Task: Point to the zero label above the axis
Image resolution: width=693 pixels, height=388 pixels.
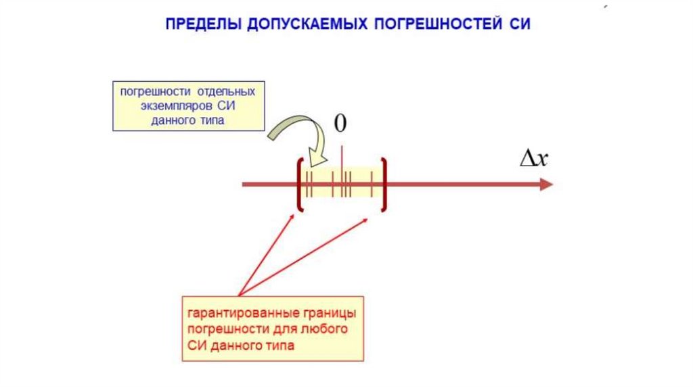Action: (341, 123)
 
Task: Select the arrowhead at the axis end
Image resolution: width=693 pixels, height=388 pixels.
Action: (546, 185)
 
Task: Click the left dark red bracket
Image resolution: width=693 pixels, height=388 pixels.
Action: (299, 184)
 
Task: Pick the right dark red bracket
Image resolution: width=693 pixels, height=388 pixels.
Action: (384, 184)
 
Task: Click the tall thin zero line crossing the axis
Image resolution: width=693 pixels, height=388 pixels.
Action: (342, 155)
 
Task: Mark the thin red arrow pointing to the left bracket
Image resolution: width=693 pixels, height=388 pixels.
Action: (267, 253)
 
